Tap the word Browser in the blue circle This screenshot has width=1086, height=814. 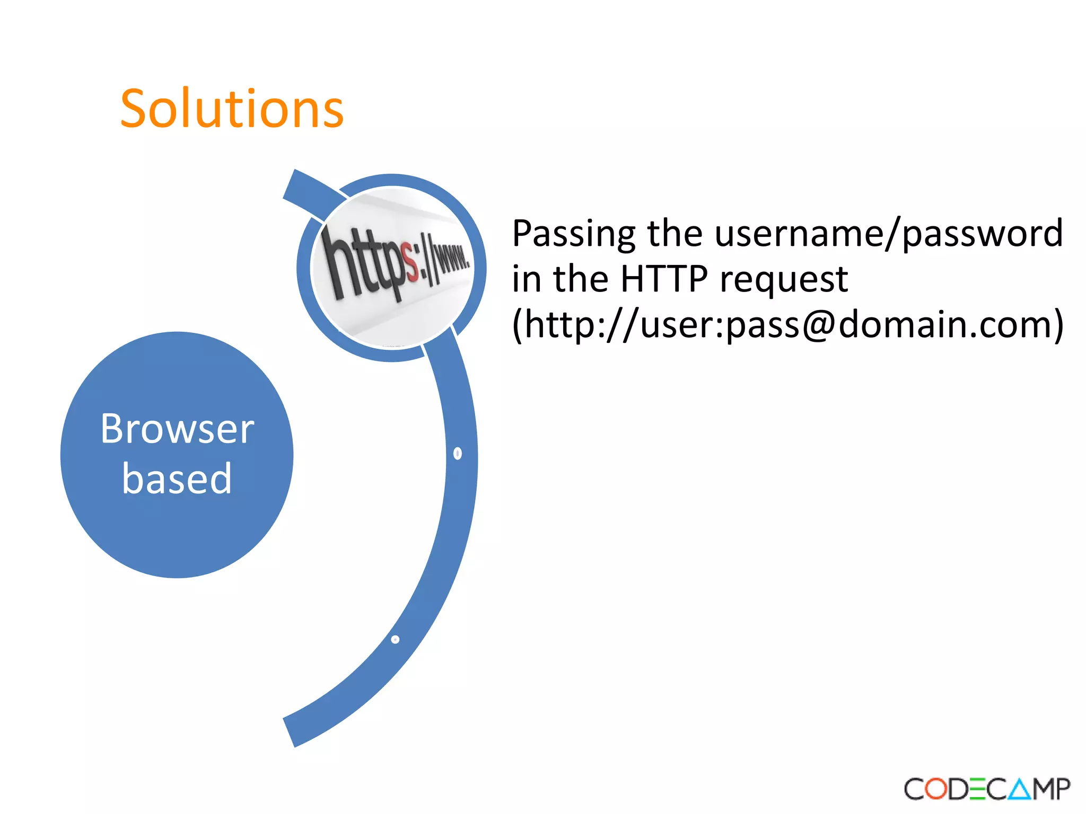(177, 429)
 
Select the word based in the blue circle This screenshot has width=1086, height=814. (177, 479)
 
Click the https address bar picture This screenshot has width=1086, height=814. (392, 268)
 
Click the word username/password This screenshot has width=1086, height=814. (889, 234)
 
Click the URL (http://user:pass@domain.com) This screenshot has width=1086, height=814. (788, 324)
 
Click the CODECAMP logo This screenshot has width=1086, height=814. (987, 789)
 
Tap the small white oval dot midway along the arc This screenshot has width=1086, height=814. (458, 454)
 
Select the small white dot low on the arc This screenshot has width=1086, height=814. (395, 640)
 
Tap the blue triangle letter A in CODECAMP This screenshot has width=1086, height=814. (1020, 789)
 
